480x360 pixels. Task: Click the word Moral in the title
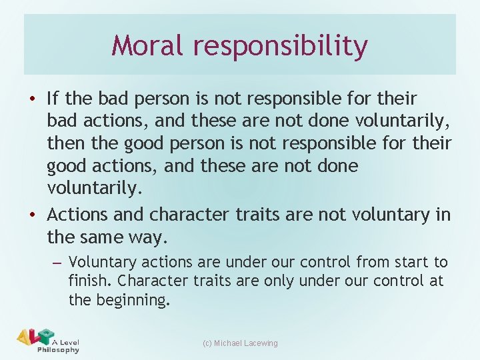(x=147, y=45)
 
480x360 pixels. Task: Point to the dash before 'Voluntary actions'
(x=57, y=262)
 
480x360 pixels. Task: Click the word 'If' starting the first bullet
(x=53, y=99)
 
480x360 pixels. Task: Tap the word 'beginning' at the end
(x=132, y=300)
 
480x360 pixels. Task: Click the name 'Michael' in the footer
(x=229, y=343)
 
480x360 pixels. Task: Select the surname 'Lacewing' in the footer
(x=261, y=343)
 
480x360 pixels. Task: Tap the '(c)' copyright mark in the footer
(x=207, y=343)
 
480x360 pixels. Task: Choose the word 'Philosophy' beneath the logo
(x=59, y=350)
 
